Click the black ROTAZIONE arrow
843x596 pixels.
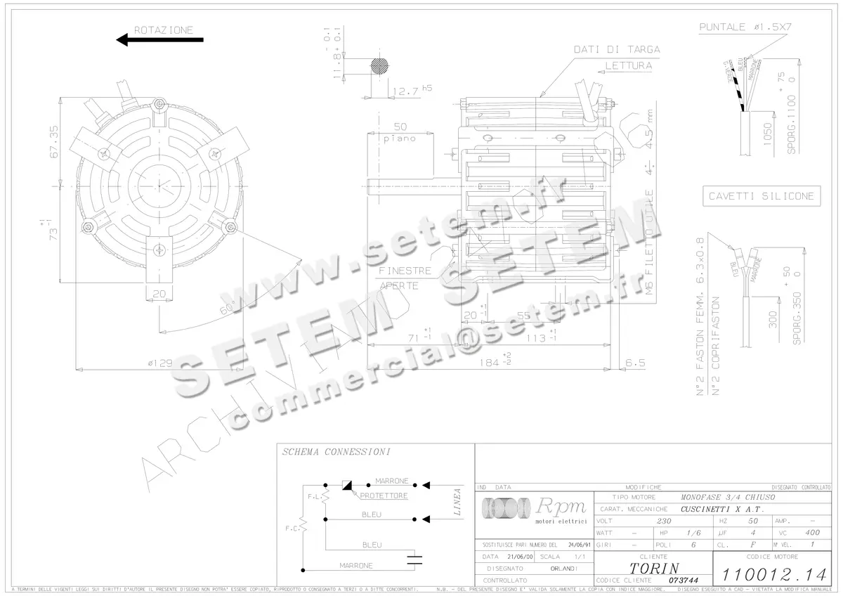click(x=159, y=40)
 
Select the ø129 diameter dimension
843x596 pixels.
click(x=159, y=363)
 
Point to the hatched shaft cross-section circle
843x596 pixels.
click(x=379, y=66)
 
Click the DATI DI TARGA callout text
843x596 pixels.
click(x=617, y=49)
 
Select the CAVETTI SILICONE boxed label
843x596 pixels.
click(x=762, y=196)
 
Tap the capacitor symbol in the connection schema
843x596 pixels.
click(x=415, y=559)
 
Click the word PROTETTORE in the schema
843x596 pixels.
click(x=384, y=495)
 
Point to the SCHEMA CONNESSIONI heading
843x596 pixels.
click(x=336, y=452)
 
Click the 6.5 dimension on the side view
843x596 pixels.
click(x=635, y=363)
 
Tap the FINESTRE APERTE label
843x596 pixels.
click(x=404, y=278)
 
